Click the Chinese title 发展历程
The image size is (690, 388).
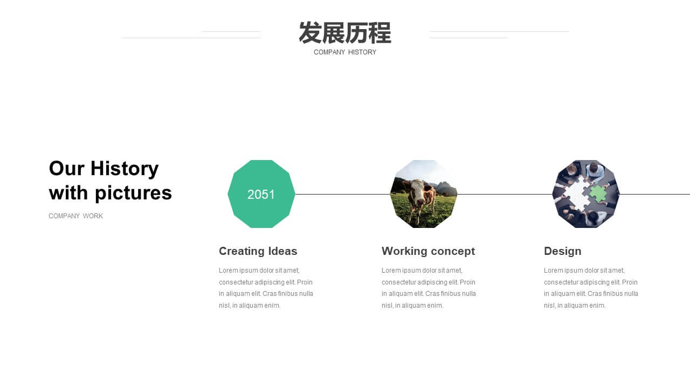coord(345,33)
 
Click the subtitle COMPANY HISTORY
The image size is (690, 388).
coord(345,52)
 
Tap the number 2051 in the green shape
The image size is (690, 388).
coord(261,195)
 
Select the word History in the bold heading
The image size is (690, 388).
coord(125,169)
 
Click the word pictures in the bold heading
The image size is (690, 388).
coord(133,193)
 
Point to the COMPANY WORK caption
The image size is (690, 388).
coord(76,216)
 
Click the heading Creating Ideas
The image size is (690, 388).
coord(258,251)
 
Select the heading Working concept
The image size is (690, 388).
coord(428,251)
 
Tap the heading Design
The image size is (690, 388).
coord(562,251)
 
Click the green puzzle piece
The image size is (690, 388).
coord(598,193)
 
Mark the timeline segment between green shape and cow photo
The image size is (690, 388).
coord(342,195)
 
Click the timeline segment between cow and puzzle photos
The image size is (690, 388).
coord(505,195)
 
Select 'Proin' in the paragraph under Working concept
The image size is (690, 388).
coord(467,282)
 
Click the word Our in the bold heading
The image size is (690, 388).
coord(66,169)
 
